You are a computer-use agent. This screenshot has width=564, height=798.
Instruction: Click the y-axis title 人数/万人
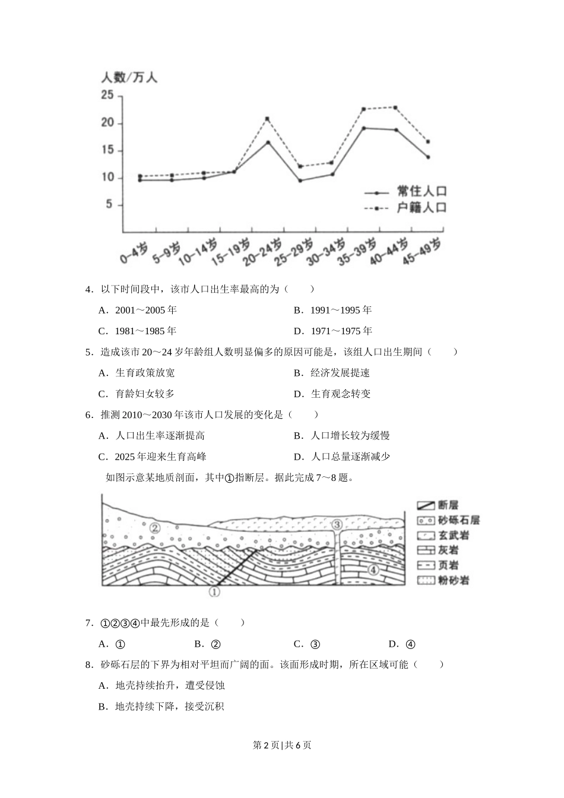click(129, 77)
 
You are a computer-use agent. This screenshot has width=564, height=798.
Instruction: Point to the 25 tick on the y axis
click(107, 95)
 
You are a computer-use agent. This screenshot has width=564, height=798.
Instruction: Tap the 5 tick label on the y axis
click(109, 205)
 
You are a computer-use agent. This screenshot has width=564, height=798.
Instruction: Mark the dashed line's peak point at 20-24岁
click(267, 119)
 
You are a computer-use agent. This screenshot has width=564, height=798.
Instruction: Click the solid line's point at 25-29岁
click(300, 180)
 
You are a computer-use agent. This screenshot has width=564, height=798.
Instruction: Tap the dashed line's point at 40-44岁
click(395, 107)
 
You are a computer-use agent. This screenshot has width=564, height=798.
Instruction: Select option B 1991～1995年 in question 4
click(332, 310)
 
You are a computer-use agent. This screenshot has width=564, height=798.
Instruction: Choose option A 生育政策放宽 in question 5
click(137, 373)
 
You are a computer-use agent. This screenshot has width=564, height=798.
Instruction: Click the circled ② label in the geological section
click(155, 528)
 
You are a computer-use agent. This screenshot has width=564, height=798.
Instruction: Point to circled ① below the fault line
click(214, 591)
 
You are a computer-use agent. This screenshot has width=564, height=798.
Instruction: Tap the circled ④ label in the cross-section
click(373, 570)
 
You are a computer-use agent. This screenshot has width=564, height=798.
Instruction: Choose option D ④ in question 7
click(402, 644)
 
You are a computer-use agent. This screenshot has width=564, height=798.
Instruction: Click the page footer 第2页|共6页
click(282, 745)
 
